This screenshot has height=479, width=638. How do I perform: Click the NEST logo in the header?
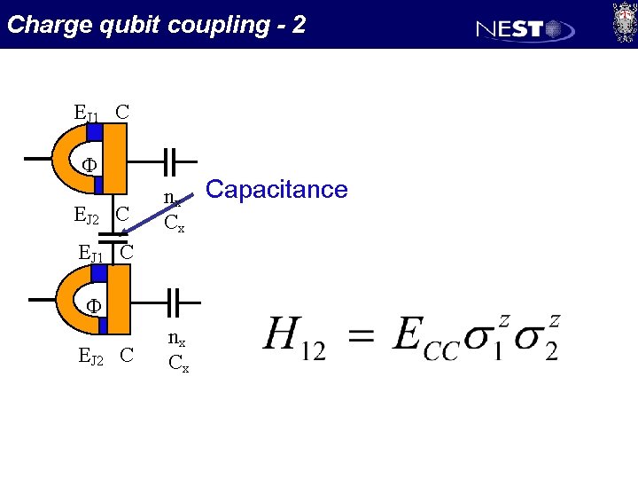(525, 29)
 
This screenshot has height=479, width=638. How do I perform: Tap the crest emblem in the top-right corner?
(623, 21)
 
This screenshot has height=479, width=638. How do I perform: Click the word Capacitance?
(276, 189)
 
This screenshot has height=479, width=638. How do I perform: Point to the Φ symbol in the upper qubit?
(89, 165)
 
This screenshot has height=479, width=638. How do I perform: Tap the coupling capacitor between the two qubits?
(112, 237)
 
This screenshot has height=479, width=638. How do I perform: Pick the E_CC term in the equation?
(424, 338)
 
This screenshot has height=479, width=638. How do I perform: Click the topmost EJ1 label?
(88, 114)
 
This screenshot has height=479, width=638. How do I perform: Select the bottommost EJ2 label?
(94, 357)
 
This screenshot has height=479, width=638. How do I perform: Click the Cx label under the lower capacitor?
(177, 363)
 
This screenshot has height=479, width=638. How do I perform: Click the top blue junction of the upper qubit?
(96, 131)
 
